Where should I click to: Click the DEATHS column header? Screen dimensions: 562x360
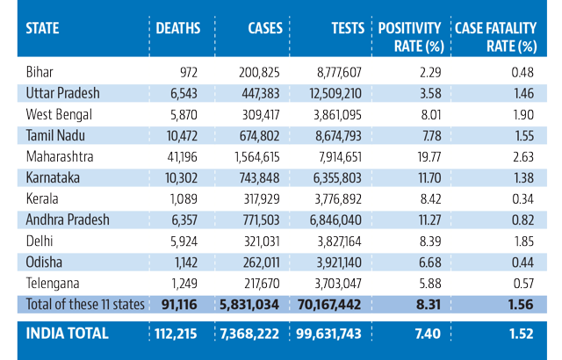(x=177, y=28)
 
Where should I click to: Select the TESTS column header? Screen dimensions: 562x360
(x=348, y=28)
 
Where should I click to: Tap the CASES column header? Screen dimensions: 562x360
(x=265, y=28)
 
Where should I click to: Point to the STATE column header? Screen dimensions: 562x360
(x=42, y=28)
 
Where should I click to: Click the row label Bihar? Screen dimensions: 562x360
(x=40, y=72)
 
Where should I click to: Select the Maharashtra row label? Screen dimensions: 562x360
(x=60, y=156)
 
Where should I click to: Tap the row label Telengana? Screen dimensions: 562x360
(x=53, y=284)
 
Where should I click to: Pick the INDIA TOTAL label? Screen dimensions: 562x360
(x=67, y=334)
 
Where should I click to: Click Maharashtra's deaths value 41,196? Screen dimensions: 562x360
(x=182, y=157)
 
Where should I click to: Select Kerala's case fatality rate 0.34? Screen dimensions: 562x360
(x=523, y=198)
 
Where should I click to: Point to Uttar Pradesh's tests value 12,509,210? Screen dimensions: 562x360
(x=335, y=93)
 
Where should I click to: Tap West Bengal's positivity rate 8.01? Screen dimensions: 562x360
(x=431, y=115)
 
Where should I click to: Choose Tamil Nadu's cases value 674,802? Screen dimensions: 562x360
(x=260, y=136)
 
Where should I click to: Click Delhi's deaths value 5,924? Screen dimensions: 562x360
(x=184, y=241)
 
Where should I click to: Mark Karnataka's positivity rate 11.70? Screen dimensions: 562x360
(x=429, y=178)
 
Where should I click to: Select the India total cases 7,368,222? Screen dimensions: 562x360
(x=249, y=334)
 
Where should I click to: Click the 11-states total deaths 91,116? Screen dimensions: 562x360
(x=179, y=305)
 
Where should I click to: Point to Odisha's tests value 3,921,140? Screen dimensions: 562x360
(x=339, y=263)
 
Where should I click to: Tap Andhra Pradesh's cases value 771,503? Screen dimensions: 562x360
(x=261, y=220)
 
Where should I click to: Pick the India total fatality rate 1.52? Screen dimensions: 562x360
(x=522, y=334)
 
